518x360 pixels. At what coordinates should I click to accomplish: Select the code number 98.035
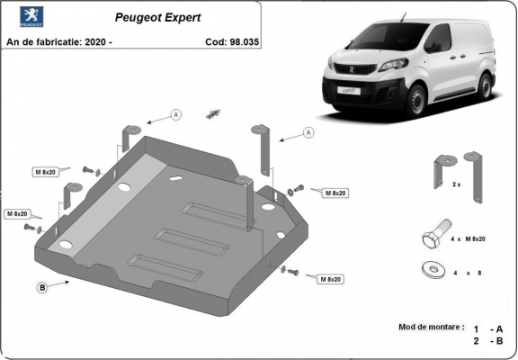[x=237, y=41]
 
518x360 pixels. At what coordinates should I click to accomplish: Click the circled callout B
[x=41, y=288]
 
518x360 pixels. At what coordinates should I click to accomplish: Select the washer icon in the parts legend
[x=430, y=268]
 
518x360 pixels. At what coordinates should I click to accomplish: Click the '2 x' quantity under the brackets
[x=456, y=184]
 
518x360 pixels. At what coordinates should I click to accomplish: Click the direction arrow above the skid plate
[x=213, y=112]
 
